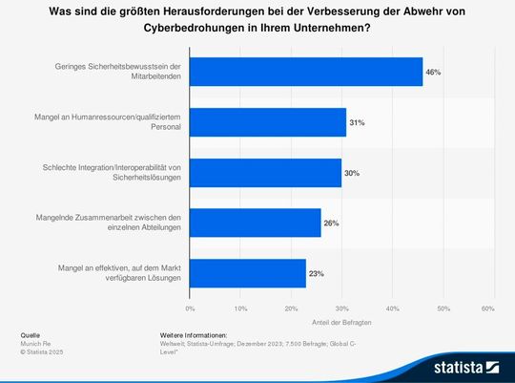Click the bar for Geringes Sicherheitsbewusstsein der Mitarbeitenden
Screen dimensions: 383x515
[306, 72]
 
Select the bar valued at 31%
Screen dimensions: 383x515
[268, 122]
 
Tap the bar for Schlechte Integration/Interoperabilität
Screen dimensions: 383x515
[265, 172]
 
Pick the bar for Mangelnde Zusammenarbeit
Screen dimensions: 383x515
[256, 223]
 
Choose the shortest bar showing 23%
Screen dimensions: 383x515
[248, 273]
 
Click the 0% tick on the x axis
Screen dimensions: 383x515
[191, 309]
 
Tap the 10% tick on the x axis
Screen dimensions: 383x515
[240, 309]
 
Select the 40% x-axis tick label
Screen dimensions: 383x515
[392, 309]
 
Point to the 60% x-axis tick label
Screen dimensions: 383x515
[488, 309]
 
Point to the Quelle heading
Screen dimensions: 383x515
[31, 336]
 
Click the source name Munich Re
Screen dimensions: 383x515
[34, 343]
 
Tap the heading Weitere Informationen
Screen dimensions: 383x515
[194, 336]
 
